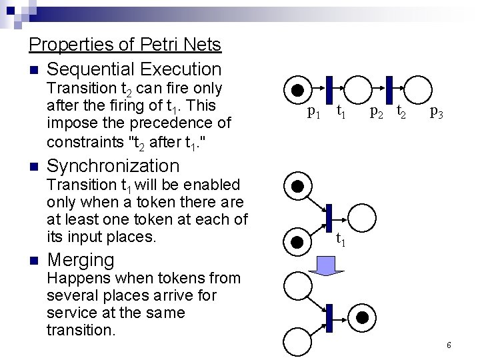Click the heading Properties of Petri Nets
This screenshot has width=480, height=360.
125,45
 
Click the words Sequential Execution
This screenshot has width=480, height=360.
134,69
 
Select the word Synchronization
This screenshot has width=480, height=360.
113,165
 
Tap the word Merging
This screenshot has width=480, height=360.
81,259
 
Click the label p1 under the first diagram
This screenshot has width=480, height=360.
313,112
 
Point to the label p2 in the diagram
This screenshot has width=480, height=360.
377,112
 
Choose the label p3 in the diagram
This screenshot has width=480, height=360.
437,112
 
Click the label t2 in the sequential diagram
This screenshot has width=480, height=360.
401,111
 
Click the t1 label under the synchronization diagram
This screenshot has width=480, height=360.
341,237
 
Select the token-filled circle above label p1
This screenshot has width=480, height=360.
297,90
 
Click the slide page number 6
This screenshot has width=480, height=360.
449,345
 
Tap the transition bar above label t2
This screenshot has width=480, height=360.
389,90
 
